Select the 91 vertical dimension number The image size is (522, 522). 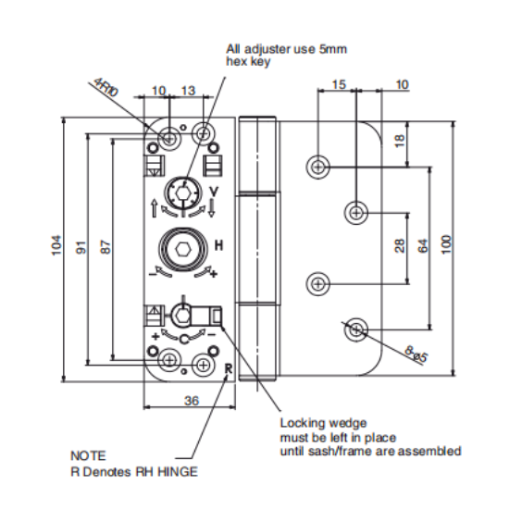[x=81, y=248]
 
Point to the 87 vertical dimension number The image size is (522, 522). [x=106, y=247]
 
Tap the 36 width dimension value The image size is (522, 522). [x=192, y=401]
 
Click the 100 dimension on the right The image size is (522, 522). [x=447, y=244]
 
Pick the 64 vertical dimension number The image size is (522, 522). [x=423, y=246]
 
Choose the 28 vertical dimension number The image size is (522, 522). [x=400, y=246]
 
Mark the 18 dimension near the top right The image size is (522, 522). [x=400, y=141]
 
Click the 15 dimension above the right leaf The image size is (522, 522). [x=339, y=84]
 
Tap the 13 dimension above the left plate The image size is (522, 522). [x=188, y=91]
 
